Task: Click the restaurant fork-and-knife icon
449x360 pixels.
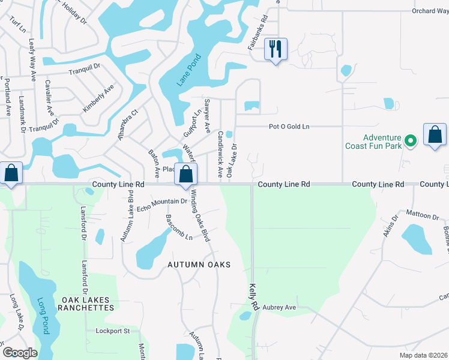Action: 276,49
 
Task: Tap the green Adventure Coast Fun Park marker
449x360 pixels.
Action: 411,141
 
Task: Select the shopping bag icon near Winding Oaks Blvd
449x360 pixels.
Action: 186,175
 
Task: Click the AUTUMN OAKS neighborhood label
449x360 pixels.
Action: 199,265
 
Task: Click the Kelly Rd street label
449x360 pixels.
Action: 253,297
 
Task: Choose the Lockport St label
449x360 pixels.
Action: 113,331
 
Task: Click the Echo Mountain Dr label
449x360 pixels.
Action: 162,205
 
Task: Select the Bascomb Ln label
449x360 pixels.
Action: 179,227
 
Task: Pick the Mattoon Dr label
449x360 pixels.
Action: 422,215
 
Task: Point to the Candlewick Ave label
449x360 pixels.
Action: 220,154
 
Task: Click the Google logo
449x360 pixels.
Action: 20,352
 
